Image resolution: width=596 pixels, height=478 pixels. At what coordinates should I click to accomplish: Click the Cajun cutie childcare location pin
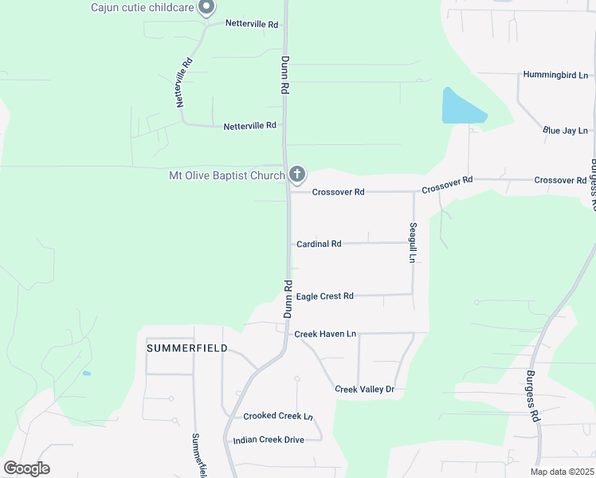pos(206,8)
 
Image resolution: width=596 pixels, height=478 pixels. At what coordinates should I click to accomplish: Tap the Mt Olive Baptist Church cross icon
pos(297,174)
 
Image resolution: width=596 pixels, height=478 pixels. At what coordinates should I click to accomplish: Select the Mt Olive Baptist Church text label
pos(226,175)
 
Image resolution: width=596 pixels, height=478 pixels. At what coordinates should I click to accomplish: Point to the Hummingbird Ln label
pos(555,75)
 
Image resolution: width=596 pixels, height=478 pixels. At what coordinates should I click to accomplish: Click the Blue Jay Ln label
pos(565,130)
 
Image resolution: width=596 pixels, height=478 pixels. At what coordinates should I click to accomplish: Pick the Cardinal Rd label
pos(319,244)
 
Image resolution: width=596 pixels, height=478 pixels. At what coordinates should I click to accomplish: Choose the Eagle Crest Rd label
pos(324,296)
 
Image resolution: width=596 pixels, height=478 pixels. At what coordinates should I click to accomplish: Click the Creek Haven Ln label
pos(325,334)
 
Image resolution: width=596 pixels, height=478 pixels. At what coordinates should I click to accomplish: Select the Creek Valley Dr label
pos(365,389)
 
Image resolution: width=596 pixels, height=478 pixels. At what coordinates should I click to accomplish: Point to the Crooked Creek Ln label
pos(278,416)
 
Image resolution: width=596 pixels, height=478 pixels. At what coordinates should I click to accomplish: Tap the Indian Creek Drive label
pos(269,440)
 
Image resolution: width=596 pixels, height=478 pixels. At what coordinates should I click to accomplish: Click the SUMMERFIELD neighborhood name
pos(187,348)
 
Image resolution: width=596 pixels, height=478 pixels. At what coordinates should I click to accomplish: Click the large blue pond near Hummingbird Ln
pos(461,108)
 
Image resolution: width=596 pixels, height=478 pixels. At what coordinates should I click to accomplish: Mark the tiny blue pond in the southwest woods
pos(86,373)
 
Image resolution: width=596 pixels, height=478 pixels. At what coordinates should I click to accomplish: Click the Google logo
pos(26,468)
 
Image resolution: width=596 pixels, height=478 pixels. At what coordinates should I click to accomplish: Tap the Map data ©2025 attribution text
pos(560,472)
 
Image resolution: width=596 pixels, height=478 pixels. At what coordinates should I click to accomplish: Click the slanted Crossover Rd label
pos(447,185)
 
